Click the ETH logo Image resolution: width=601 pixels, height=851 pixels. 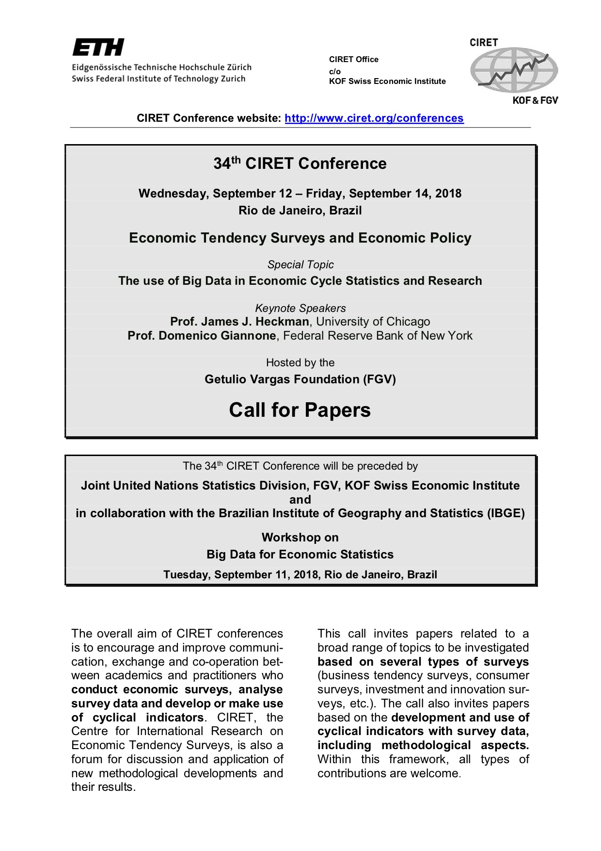98,48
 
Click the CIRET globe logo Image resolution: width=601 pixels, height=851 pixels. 514,70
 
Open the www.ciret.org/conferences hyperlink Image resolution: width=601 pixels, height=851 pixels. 374,118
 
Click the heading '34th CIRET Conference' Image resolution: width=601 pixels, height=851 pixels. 300,164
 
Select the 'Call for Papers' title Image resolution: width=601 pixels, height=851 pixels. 300,410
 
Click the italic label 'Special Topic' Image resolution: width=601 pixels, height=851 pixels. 300,265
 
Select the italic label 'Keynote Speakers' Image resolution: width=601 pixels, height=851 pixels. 300,309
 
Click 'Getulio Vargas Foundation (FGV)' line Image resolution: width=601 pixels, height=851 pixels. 300,379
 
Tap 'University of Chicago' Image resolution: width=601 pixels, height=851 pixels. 373,322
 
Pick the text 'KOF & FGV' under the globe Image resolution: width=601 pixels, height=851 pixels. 535,100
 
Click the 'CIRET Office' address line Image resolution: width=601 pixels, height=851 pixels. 353,60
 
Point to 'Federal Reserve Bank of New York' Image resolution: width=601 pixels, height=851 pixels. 378,336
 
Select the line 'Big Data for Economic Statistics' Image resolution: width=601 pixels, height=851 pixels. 300,555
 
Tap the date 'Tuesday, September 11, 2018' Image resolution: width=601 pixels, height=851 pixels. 241,575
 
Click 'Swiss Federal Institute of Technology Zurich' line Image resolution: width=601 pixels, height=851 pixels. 158,79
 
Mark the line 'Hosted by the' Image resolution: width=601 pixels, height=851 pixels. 300,363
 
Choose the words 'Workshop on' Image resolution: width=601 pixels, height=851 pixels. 300,538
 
